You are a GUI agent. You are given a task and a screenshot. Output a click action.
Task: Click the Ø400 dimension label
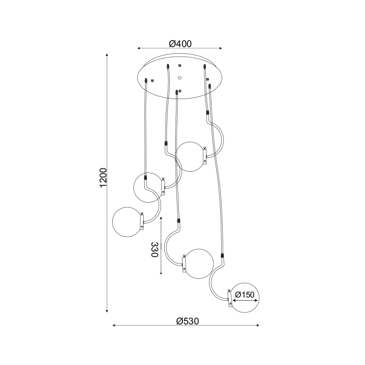pyautogui.click(x=179, y=44)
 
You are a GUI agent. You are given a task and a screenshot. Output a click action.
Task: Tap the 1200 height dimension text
pyautogui.click(x=103, y=177)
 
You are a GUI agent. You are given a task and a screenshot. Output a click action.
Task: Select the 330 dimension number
pyautogui.click(x=154, y=250)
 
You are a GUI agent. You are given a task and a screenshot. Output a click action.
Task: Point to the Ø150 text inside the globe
pyautogui.click(x=245, y=295)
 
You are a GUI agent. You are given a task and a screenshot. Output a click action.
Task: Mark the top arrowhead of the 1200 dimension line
pyautogui.click(x=107, y=55)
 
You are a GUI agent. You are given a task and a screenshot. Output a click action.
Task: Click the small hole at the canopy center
pyautogui.click(x=180, y=77)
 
